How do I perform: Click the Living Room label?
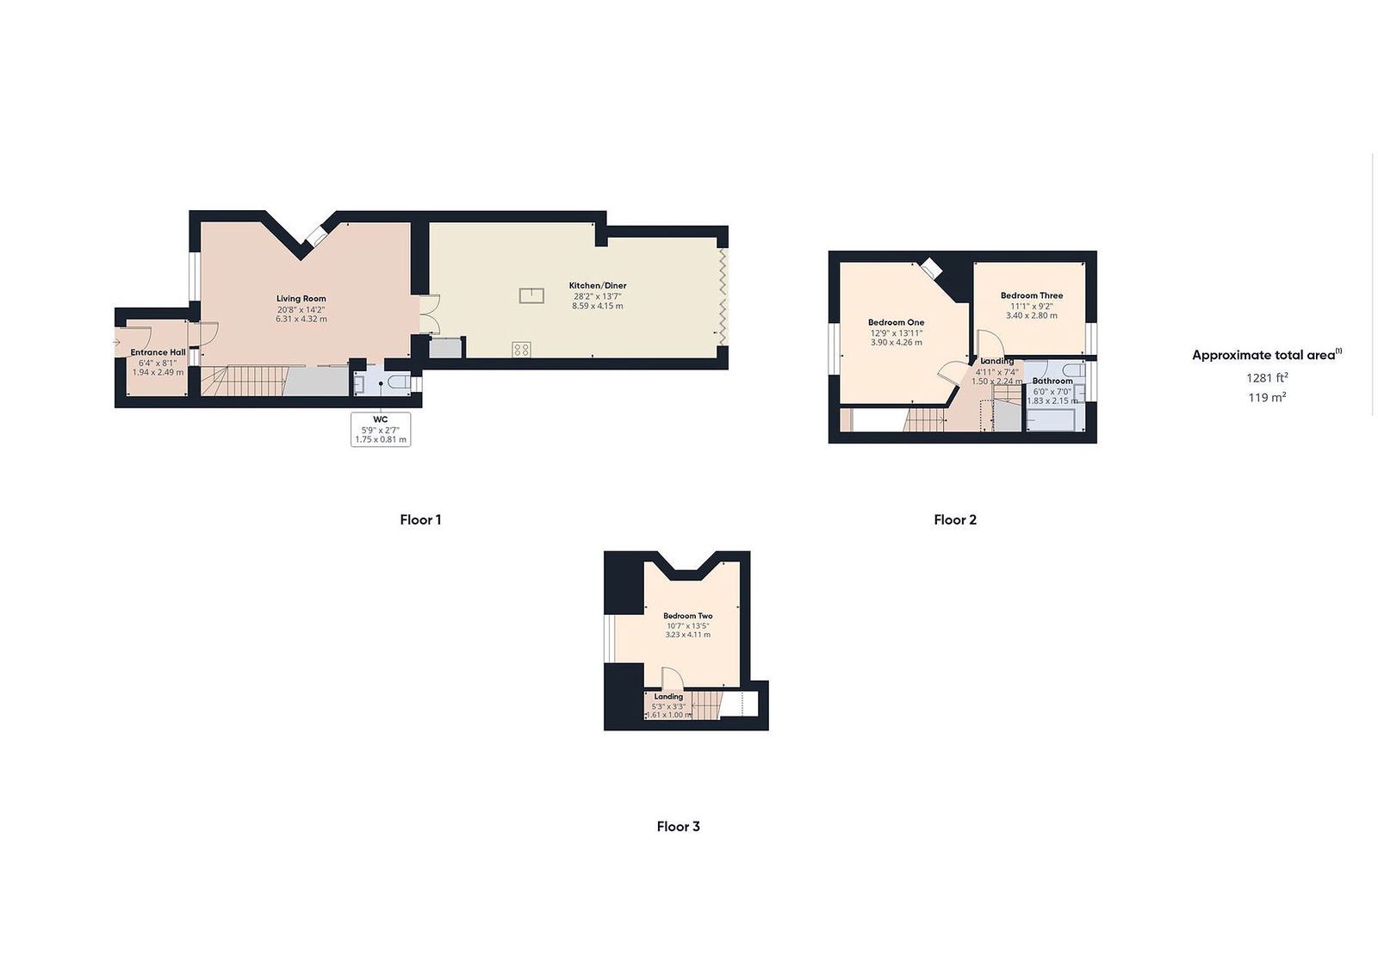(x=301, y=299)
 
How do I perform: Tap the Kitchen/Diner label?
(x=598, y=285)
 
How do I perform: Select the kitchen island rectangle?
(x=531, y=295)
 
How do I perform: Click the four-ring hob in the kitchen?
(x=521, y=350)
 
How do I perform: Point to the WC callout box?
(x=381, y=430)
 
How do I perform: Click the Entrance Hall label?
(x=158, y=352)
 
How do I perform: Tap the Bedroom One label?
(x=897, y=322)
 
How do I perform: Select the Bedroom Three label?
(x=1032, y=295)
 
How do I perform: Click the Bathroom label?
(x=1052, y=381)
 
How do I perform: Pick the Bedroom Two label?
(x=688, y=616)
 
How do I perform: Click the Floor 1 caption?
(x=421, y=519)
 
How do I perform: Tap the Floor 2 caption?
(x=955, y=519)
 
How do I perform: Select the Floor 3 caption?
(x=679, y=826)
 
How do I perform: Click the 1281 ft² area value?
(x=1267, y=378)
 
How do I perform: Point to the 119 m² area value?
(x=1267, y=397)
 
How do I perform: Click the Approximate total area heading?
(x=1267, y=355)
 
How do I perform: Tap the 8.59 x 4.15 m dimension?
(x=598, y=306)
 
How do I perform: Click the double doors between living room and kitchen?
(x=430, y=315)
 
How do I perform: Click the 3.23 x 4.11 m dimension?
(x=688, y=634)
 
